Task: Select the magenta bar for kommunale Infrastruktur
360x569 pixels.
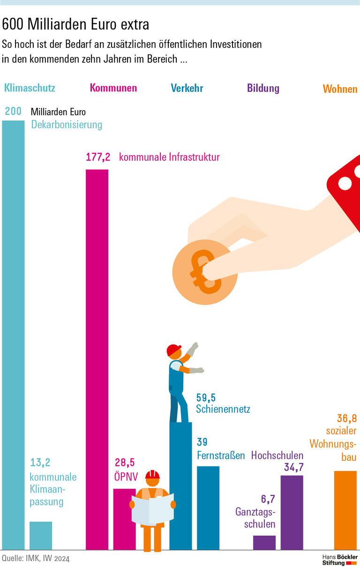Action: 97,356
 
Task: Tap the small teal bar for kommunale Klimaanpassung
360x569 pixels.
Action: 41,535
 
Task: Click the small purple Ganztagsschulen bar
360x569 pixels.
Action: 264,542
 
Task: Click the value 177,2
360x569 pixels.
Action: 98,157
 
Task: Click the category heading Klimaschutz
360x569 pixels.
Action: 30,88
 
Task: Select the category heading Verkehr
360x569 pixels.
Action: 187,88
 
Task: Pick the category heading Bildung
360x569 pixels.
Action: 263,88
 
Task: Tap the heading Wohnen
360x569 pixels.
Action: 340,89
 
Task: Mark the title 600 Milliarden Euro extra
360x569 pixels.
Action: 76,24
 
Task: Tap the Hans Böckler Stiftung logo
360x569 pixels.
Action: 339,559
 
